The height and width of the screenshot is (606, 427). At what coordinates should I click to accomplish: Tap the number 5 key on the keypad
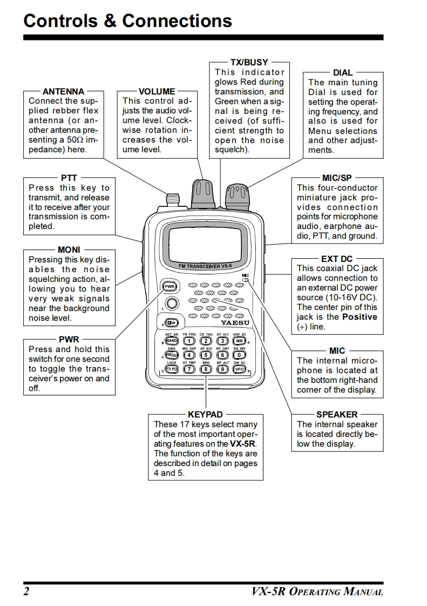[x=206, y=355]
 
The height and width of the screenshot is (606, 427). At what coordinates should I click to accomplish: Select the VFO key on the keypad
[x=239, y=369]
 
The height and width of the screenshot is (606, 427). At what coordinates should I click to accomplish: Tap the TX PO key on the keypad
[x=172, y=369]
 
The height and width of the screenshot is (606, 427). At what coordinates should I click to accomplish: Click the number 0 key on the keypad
[x=239, y=355]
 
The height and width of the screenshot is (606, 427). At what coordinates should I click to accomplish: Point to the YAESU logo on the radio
[x=235, y=322]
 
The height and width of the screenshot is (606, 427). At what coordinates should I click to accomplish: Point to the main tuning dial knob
[x=237, y=194]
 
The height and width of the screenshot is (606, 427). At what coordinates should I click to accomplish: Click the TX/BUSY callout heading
[x=249, y=62]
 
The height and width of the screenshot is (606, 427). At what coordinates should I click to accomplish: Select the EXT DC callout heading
[x=336, y=259]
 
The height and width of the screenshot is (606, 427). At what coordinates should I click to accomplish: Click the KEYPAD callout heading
[x=205, y=414]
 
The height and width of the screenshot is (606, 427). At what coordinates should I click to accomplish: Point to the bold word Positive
[x=360, y=317]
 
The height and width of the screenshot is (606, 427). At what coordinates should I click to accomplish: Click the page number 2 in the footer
[x=26, y=591]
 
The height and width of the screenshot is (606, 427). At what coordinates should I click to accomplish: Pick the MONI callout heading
[x=69, y=250]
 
